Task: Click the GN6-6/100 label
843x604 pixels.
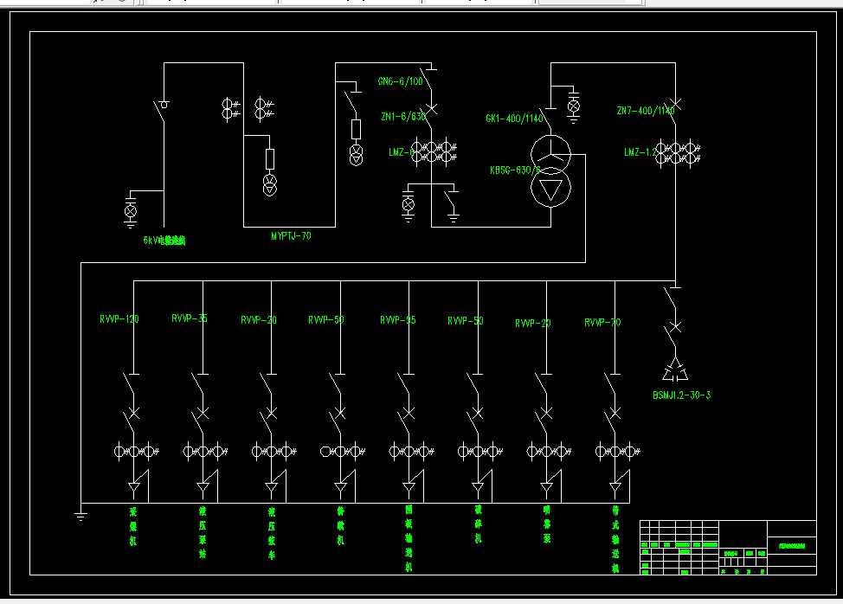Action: [x=400, y=81]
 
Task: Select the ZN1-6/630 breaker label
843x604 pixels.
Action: [x=403, y=116]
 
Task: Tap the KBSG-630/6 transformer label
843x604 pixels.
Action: [x=514, y=170]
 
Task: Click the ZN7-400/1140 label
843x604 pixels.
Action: [x=645, y=111]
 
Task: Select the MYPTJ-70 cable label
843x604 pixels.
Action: [x=291, y=235]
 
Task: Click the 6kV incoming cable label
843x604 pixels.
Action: [x=164, y=241]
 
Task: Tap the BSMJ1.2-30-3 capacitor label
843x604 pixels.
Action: [x=682, y=395]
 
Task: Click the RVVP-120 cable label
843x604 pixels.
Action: [x=119, y=319]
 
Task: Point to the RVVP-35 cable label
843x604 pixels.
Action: [x=190, y=318]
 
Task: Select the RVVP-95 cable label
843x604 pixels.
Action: [x=398, y=320]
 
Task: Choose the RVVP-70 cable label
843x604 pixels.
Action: [x=602, y=323]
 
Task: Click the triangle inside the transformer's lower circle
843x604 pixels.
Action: [x=550, y=187]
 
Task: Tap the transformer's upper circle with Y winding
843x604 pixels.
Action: [x=550, y=153]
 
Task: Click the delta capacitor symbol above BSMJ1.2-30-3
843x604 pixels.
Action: [x=676, y=371]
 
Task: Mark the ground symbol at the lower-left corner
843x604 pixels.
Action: [x=80, y=517]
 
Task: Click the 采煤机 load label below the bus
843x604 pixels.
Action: [x=133, y=526]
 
